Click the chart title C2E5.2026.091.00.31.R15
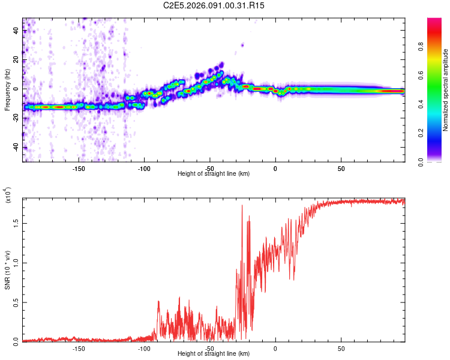tap(214, 5)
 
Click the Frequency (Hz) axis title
tap(7, 90)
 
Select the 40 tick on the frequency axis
tap(16, 31)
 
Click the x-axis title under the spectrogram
tap(214, 173)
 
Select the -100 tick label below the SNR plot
tap(143, 348)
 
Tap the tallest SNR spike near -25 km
tap(242, 206)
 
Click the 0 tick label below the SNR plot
tap(275, 348)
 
